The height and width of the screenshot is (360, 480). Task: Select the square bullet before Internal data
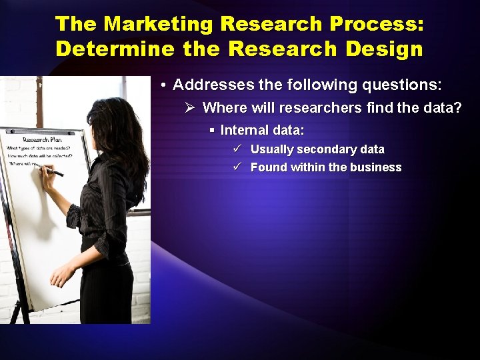211,130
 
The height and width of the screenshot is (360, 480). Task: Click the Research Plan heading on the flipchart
43,139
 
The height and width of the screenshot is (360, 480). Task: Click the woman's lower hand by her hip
63,273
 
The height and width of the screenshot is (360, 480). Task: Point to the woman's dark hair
123,133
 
